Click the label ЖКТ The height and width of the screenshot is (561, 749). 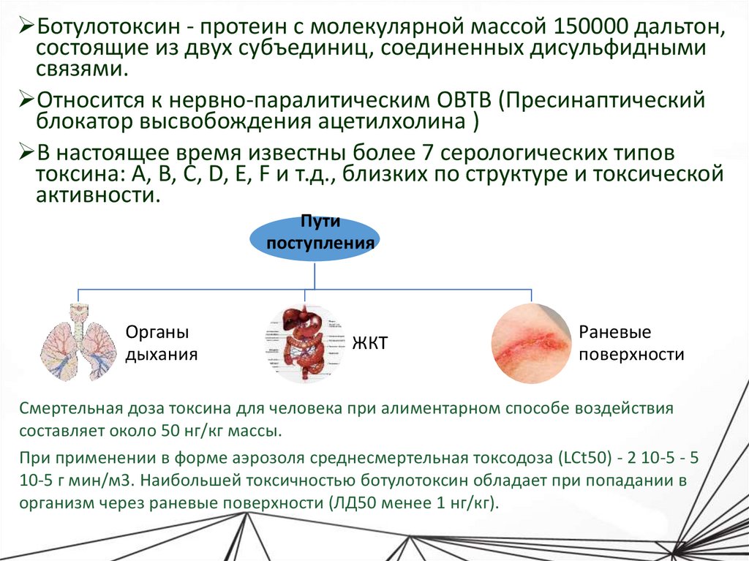tap(370, 344)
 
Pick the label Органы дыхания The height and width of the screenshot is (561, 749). tap(162, 344)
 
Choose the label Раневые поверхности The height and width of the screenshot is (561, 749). tap(631, 344)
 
